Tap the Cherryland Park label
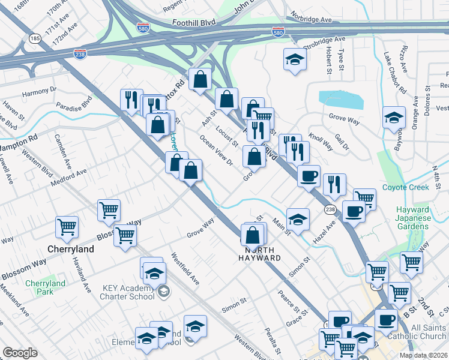pyautogui.click(x=45, y=287)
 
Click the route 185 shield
pyautogui.click(x=35, y=38)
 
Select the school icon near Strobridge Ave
pyautogui.click(x=295, y=59)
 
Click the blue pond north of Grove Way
pyautogui.click(x=340, y=100)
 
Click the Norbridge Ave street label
pyautogui.click(x=311, y=20)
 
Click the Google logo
pyautogui.click(x=20, y=353)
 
